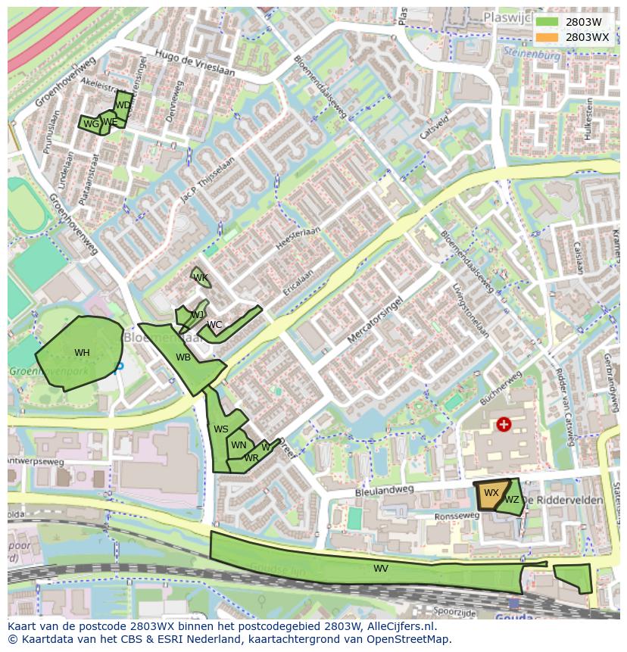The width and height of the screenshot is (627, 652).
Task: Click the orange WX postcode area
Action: pyautogui.click(x=491, y=494)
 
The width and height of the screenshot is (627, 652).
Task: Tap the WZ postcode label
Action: pyautogui.click(x=512, y=500)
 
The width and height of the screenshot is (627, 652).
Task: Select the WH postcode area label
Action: pyautogui.click(x=82, y=353)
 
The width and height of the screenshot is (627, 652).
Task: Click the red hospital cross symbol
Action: pyautogui.click(x=504, y=424)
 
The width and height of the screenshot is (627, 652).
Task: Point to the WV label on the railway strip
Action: pyautogui.click(x=380, y=569)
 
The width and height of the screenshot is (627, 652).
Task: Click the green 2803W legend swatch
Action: pyautogui.click(x=546, y=23)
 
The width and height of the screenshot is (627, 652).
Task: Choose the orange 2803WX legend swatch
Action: pyautogui.click(x=546, y=37)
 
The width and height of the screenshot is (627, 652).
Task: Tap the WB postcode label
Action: pyautogui.click(x=183, y=357)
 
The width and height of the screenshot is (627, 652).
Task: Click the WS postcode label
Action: pyautogui.click(x=220, y=429)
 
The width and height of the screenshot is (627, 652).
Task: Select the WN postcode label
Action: pyautogui.click(x=239, y=445)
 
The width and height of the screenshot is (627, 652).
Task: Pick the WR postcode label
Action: pyautogui.click(x=251, y=458)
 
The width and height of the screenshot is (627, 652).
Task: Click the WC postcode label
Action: pyautogui.click(x=214, y=326)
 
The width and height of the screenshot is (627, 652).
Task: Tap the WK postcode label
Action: pyautogui.click(x=201, y=278)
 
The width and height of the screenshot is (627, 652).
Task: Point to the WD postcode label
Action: pyautogui.click(x=123, y=105)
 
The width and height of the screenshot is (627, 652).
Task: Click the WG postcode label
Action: pyautogui.click(x=91, y=124)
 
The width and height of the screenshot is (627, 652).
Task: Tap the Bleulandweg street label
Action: pyautogui.click(x=385, y=491)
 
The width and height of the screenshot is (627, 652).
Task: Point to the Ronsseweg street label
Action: pyautogui.click(x=457, y=516)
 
